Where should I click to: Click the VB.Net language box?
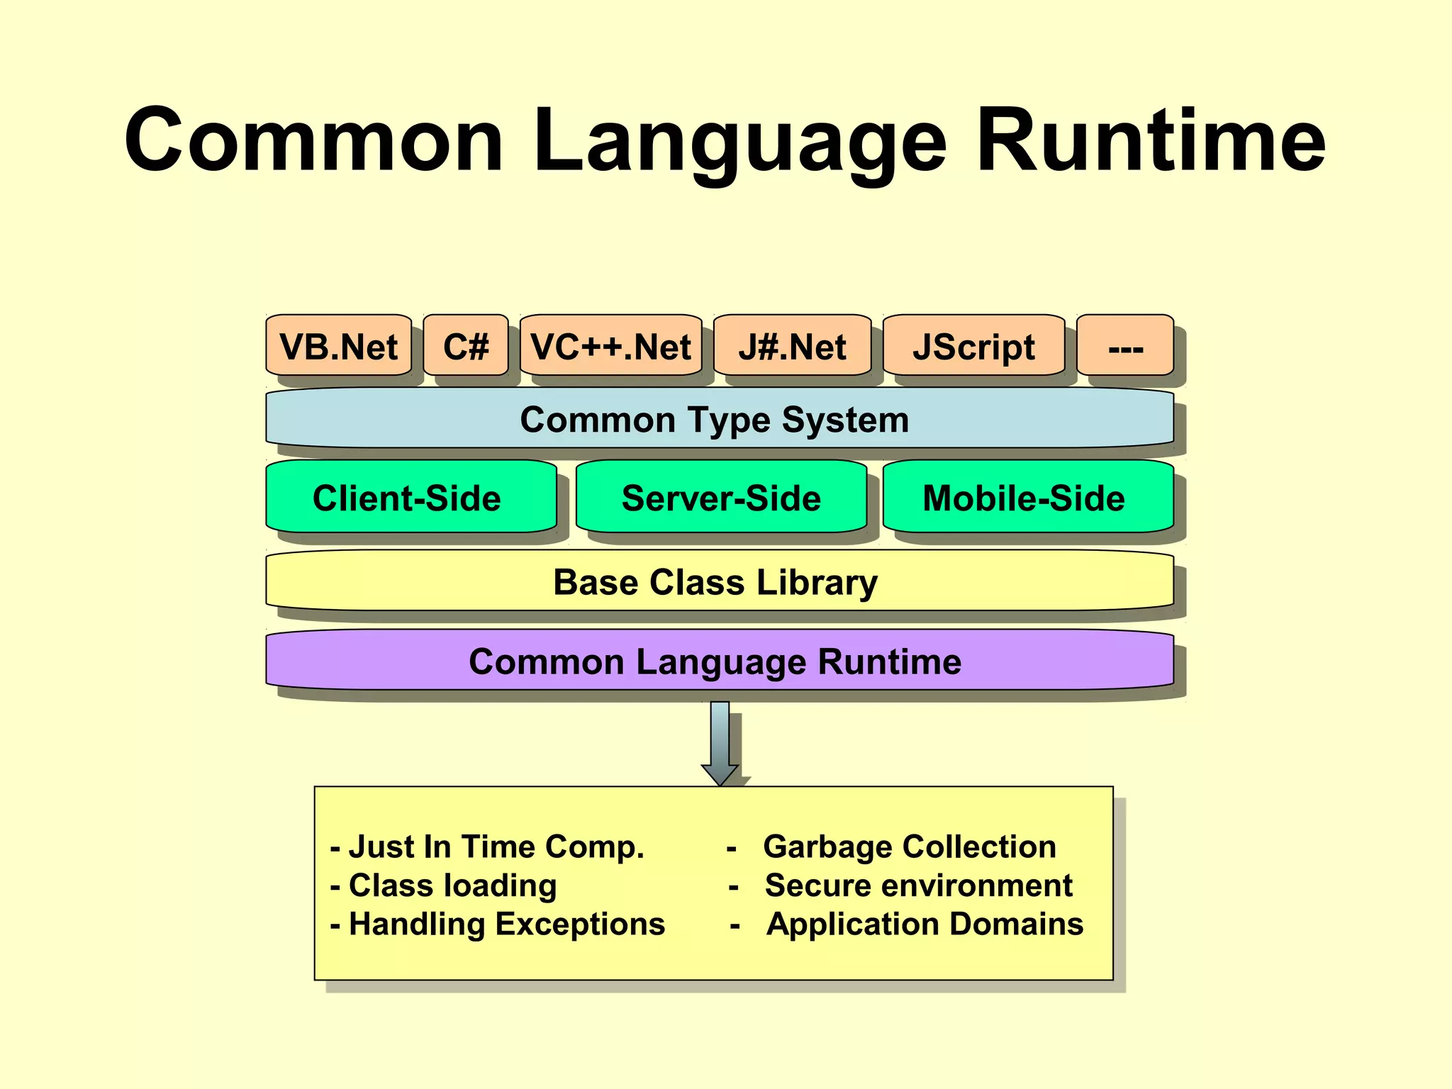[338, 347]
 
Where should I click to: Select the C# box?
[466, 347]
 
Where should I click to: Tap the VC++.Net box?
[610, 347]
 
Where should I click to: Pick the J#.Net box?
[792, 347]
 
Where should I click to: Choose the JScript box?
[973, 347]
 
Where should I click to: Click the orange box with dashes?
[1125, 347]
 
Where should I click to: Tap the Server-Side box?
[721, 498]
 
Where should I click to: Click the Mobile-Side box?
[1024, 498]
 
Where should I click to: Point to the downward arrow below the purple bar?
[720, 744]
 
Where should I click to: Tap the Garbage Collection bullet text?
[910, 847]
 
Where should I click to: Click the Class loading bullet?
[452, 886]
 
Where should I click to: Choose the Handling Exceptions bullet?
[506, 924]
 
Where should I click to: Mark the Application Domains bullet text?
[925, 924]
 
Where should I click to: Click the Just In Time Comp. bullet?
[496, 847]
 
